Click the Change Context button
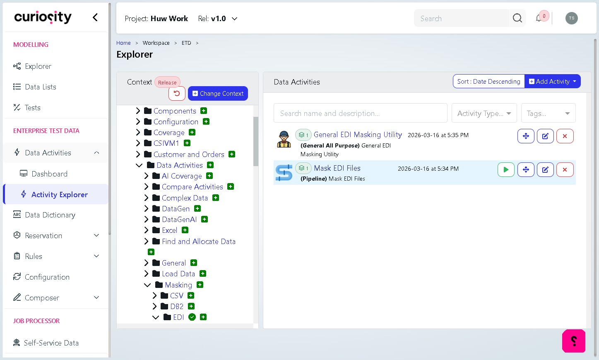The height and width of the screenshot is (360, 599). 218,93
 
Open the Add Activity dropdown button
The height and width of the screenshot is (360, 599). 553,81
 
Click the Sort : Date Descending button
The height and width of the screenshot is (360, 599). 488,81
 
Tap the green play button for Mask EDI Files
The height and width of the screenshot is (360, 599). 506,170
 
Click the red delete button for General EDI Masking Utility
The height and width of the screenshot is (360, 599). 565,136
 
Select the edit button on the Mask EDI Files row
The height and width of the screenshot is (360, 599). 545,170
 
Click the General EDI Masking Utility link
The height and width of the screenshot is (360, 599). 358,135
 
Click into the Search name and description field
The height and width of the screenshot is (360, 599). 360,113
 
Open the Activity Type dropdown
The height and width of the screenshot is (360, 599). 484,113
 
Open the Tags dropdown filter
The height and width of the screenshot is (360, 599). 548,113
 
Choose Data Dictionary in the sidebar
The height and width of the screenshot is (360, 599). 50,215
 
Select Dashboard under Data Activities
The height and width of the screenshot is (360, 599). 50,174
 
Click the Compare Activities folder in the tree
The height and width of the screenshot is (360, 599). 192,187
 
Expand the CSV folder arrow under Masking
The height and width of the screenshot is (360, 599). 154,295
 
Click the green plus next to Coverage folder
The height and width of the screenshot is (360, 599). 192,132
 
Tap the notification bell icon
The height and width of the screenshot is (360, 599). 539,18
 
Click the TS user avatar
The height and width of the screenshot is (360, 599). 571,18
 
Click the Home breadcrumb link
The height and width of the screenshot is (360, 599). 123,43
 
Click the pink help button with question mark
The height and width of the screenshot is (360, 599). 574,341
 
